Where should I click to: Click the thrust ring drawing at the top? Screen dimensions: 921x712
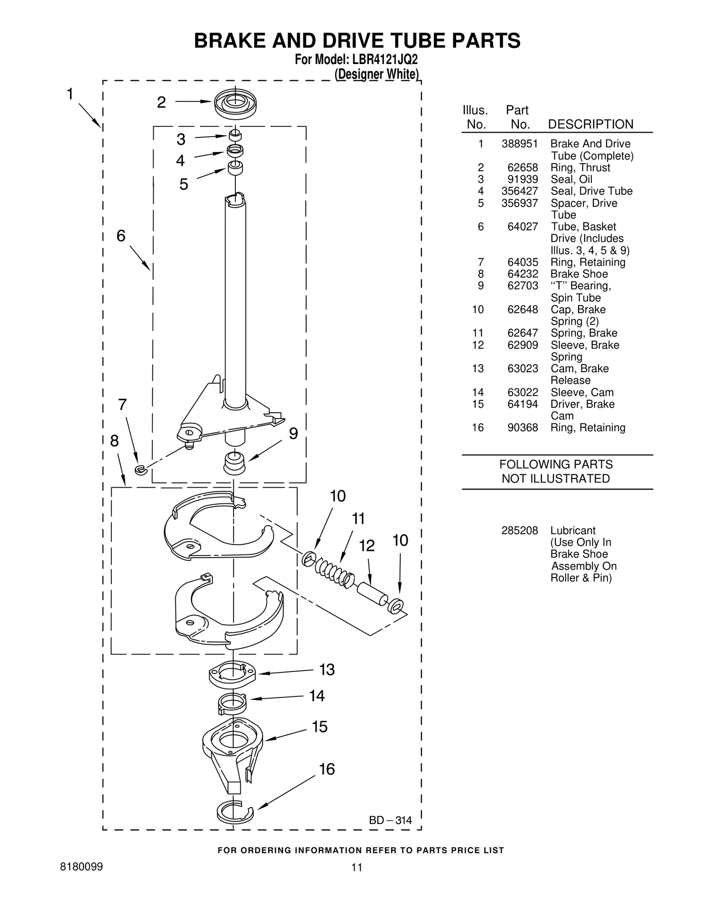pyautogui.click(x=235, y=104)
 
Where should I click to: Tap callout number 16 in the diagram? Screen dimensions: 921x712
pyautogui.click(x=327, y=768)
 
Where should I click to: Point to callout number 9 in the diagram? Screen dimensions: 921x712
pyautogui.click(x=293, y=434)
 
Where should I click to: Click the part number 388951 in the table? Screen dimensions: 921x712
pyautogui.click(x=519, y=144)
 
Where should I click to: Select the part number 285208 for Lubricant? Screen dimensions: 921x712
pyautogui.click(x=519, y=531)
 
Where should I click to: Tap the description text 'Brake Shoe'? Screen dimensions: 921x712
pyautogui.click(x=579, y=274)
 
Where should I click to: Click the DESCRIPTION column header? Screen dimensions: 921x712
pyautogui.click(x=591, y=124)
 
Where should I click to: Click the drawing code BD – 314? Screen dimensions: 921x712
pyautogui.click(x=390, y=820)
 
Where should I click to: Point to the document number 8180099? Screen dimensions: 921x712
pyautogui.click(x=81, y=867)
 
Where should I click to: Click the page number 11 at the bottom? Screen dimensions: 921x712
pyautogui.click(x=356, y=867)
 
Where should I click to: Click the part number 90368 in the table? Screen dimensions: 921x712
pyautogui.click(x=522, y=427)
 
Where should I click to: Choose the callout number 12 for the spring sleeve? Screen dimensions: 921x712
pyautogui.click(x=367, y=546)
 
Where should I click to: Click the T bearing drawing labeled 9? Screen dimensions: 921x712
pyautogui.click(x=234, y=463)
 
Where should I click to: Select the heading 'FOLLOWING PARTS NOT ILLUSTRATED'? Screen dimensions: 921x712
pyautogui.click(x=556, y=471)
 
